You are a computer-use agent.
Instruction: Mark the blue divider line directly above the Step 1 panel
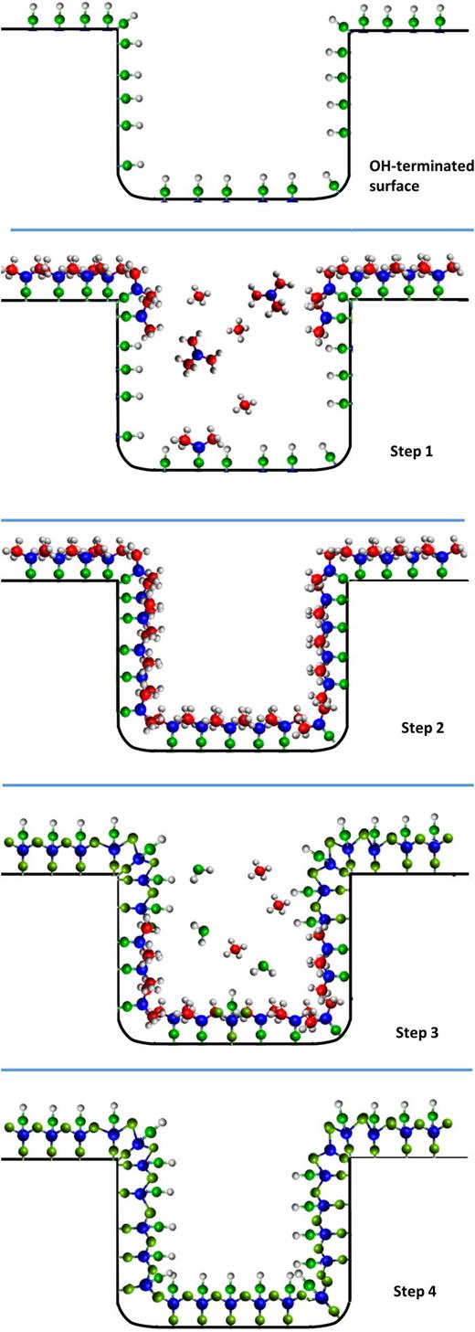(x=237, y=230)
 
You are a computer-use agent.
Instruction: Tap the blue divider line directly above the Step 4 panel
(x=237, y=1069)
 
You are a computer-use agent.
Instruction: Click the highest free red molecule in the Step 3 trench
(x=261, y=870)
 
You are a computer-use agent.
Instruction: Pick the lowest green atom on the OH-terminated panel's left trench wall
(x=127, y=165)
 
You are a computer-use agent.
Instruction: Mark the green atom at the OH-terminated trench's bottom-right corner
(x=333, y=186)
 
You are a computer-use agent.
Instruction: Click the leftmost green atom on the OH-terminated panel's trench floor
(x=165, y=192)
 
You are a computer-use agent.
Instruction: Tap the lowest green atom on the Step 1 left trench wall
(x=127, y=435)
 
